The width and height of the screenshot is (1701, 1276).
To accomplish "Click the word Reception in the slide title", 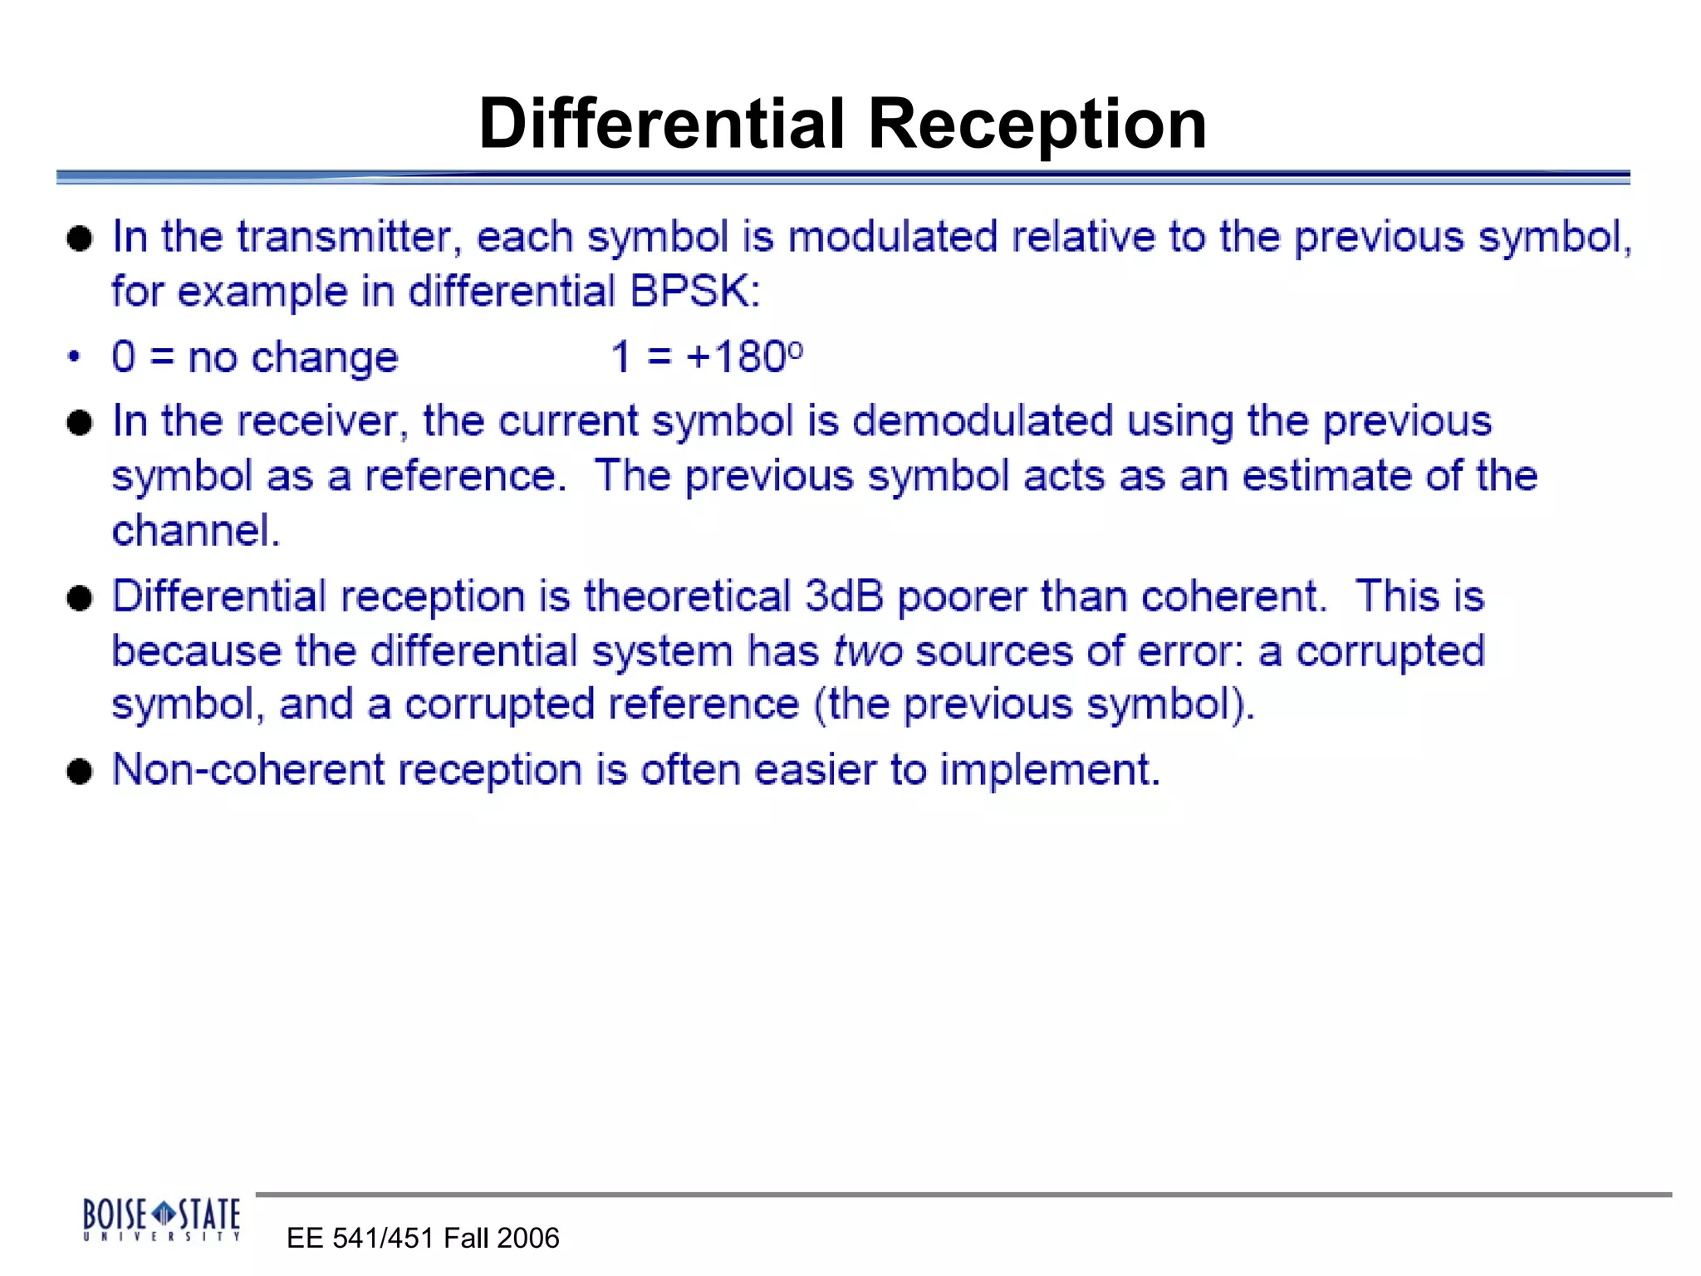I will point(1037,124).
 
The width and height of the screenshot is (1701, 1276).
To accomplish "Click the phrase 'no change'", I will point(293,358).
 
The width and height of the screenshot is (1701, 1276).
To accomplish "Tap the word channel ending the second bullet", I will point(195,531).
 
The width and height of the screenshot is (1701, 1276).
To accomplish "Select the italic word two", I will point(868,650).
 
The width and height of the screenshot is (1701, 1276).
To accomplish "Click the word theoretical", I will point(687,596).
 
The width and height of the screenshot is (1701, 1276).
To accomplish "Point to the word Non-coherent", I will point(248,769).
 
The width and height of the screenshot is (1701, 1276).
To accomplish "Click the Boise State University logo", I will point(162,1219).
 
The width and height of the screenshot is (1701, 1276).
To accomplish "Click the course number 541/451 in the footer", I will point(384,1239).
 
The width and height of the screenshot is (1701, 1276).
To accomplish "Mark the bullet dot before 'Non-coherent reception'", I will point(80,772).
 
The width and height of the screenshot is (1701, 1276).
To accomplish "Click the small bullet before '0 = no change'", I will point(75,358).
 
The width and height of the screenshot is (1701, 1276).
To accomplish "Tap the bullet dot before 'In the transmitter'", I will point(80,239).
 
